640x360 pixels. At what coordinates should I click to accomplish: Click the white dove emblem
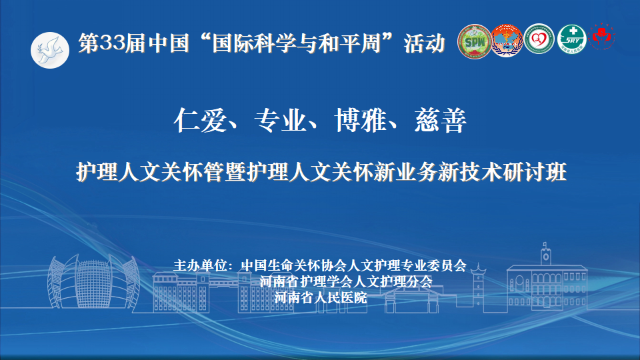pos(50,50)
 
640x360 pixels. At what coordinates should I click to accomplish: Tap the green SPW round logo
pos(474,41)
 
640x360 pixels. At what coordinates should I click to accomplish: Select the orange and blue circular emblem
pos(507,41)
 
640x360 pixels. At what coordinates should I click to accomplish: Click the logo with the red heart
pos(539,39)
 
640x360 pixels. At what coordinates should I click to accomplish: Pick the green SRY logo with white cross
pos(572,39)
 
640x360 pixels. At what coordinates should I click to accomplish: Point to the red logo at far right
pos(601,36)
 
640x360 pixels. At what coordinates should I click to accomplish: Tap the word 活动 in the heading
pos(425,43)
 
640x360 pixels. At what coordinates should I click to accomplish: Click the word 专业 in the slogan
pos(280,121)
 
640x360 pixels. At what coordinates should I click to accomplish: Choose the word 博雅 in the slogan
pos(360,121)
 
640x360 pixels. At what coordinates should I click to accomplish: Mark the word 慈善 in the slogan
pos(441,121)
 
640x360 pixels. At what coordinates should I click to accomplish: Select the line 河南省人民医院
pos(321,297)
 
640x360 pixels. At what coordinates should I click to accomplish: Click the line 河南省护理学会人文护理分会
pos(346,281)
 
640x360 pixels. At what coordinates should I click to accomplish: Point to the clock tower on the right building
pos(546,254)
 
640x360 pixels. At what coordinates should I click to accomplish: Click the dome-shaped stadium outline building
pos(93,281)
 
